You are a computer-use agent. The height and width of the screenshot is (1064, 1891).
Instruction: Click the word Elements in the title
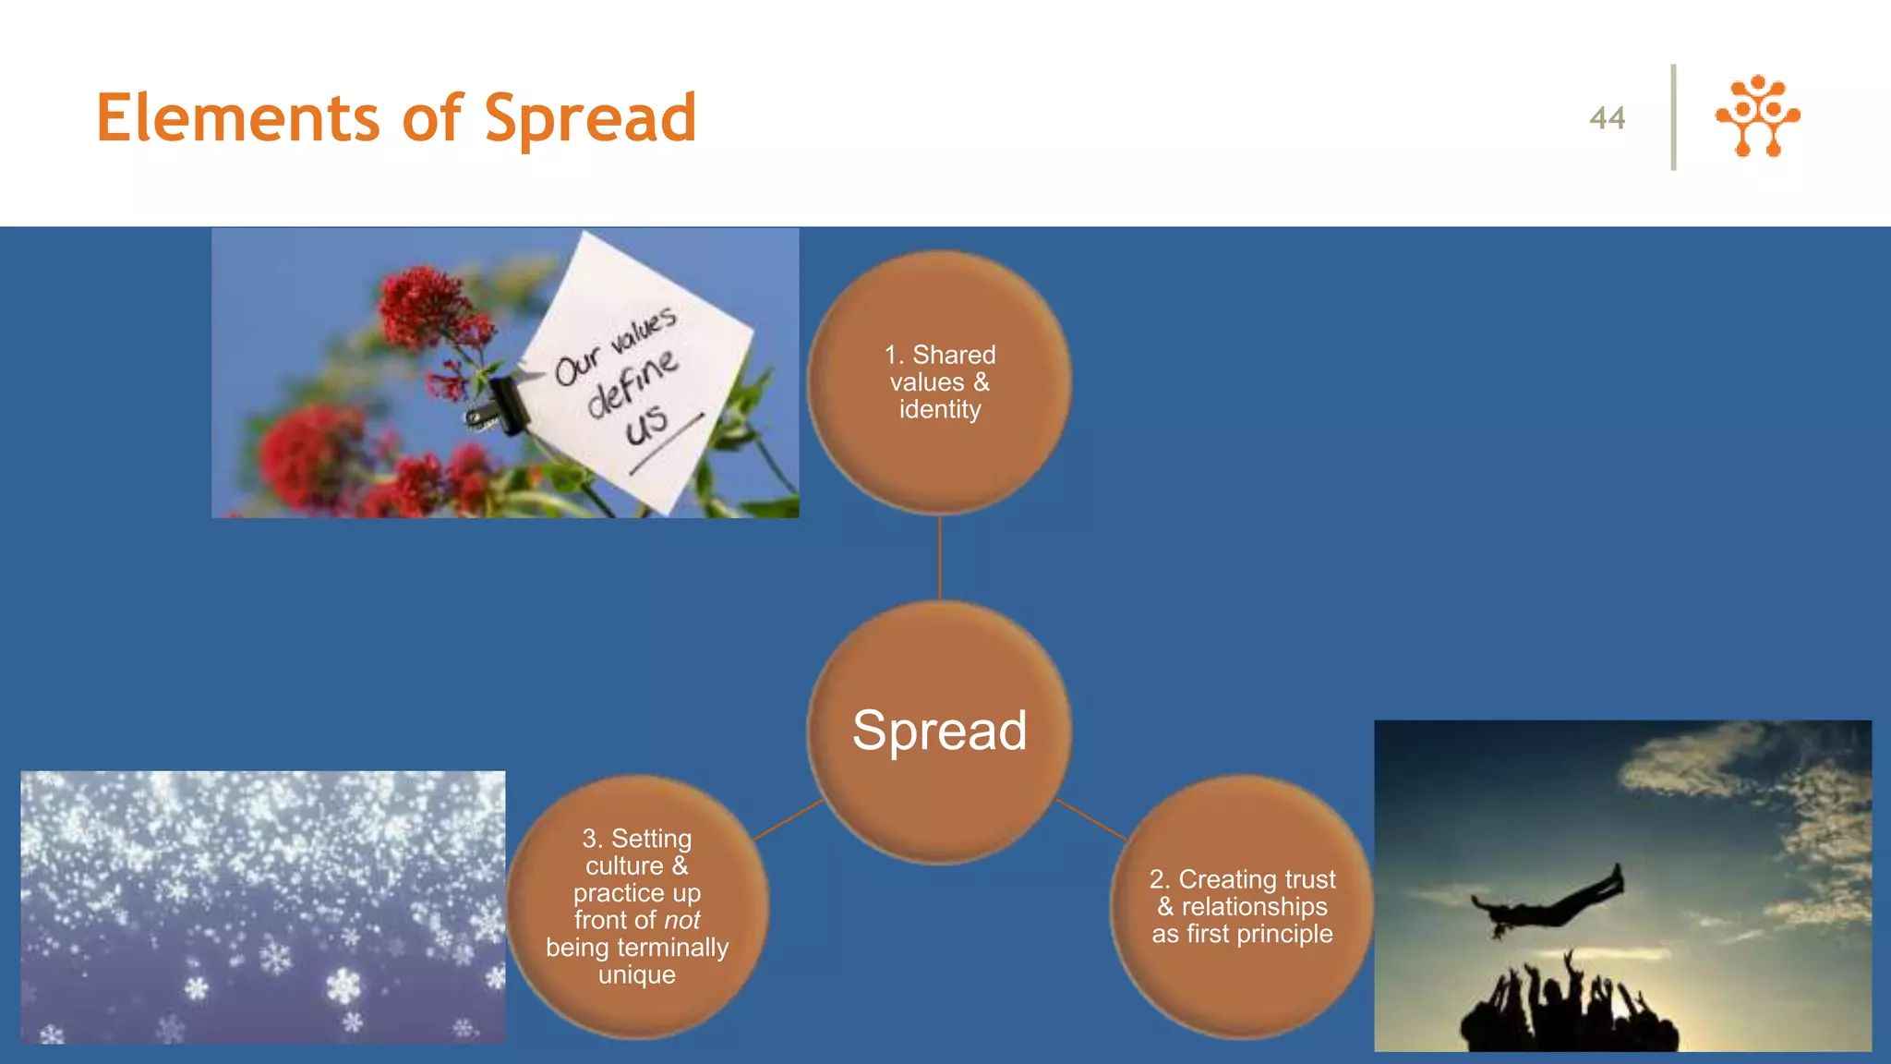point(237,118)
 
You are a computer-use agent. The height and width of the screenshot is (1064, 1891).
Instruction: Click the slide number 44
point(1607,118)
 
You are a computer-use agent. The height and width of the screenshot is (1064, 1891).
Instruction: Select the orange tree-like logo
point(1757,116)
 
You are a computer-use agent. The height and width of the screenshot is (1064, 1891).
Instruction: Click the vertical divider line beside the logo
point(1673,116)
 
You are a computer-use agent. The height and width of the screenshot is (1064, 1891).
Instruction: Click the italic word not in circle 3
point(681,921)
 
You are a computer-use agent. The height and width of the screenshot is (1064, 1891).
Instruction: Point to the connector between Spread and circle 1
point(939,557)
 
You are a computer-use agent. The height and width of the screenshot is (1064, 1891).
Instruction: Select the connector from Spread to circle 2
point(1090,819)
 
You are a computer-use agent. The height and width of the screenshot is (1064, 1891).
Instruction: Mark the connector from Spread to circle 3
point(789,819)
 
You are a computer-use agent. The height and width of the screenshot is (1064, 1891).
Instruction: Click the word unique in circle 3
point(637,975)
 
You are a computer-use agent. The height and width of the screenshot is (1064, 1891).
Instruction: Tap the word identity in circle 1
point(939,409)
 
